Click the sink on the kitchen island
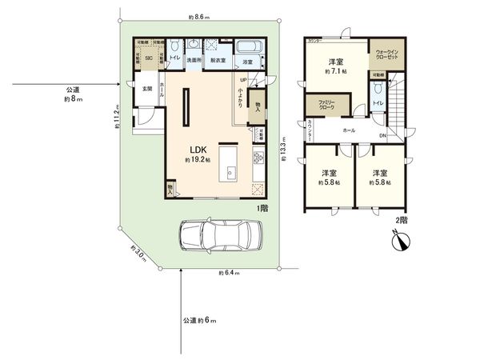pos(230,170)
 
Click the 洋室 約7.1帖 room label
pos(334,66)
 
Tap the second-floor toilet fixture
pos(378,90)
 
